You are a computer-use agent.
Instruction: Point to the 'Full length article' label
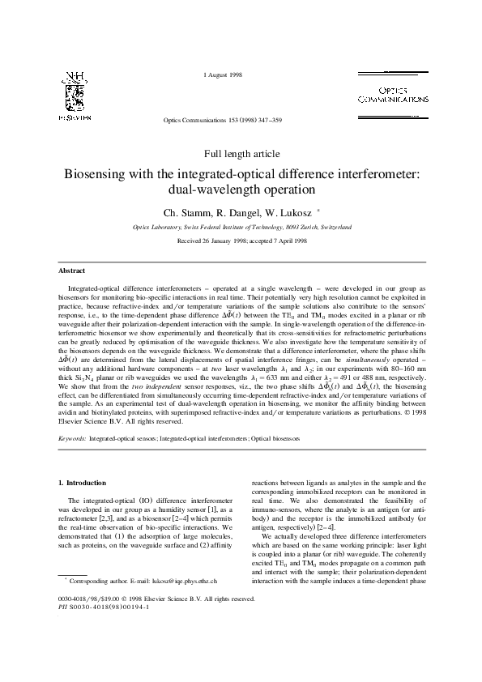tap(241, 153)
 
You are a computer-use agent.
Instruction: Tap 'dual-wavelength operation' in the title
tap(241, 191)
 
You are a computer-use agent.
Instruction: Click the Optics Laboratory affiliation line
tap(241, 228)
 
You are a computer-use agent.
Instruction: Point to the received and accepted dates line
tap(241, 241)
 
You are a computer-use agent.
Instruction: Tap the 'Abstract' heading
tap(72, 270)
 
